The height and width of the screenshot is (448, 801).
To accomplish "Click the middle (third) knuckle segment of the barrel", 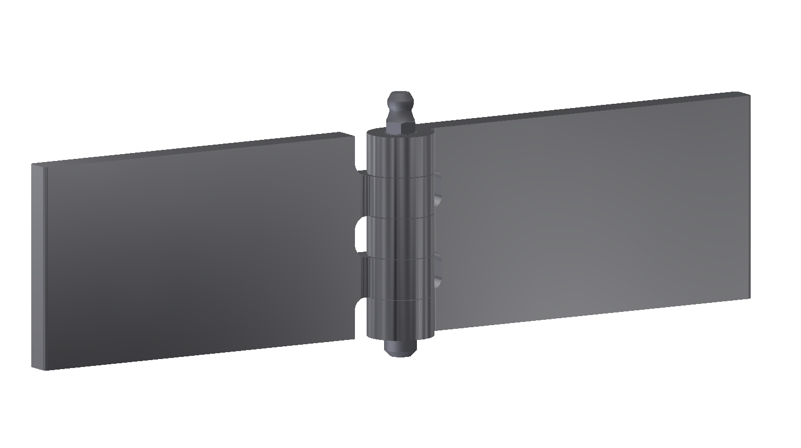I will pyautogui.click(x=400, y=237).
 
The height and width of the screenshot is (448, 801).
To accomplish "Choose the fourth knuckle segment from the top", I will pyautogui.click(x=400, y=278).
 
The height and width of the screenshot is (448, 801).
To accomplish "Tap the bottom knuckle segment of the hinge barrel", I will pyautogui.click(x=400, y=318).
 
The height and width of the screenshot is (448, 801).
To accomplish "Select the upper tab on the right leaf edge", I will pyautogui.click(x=438, y=189).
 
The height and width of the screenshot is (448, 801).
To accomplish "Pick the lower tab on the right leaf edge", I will pyautogui.click(x=438, y=270).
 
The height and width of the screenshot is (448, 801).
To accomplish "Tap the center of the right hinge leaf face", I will pyautogui.click(x=593, y=212).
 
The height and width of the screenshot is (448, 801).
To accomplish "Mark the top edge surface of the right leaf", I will pyautogui.click(x=588, y=109).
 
